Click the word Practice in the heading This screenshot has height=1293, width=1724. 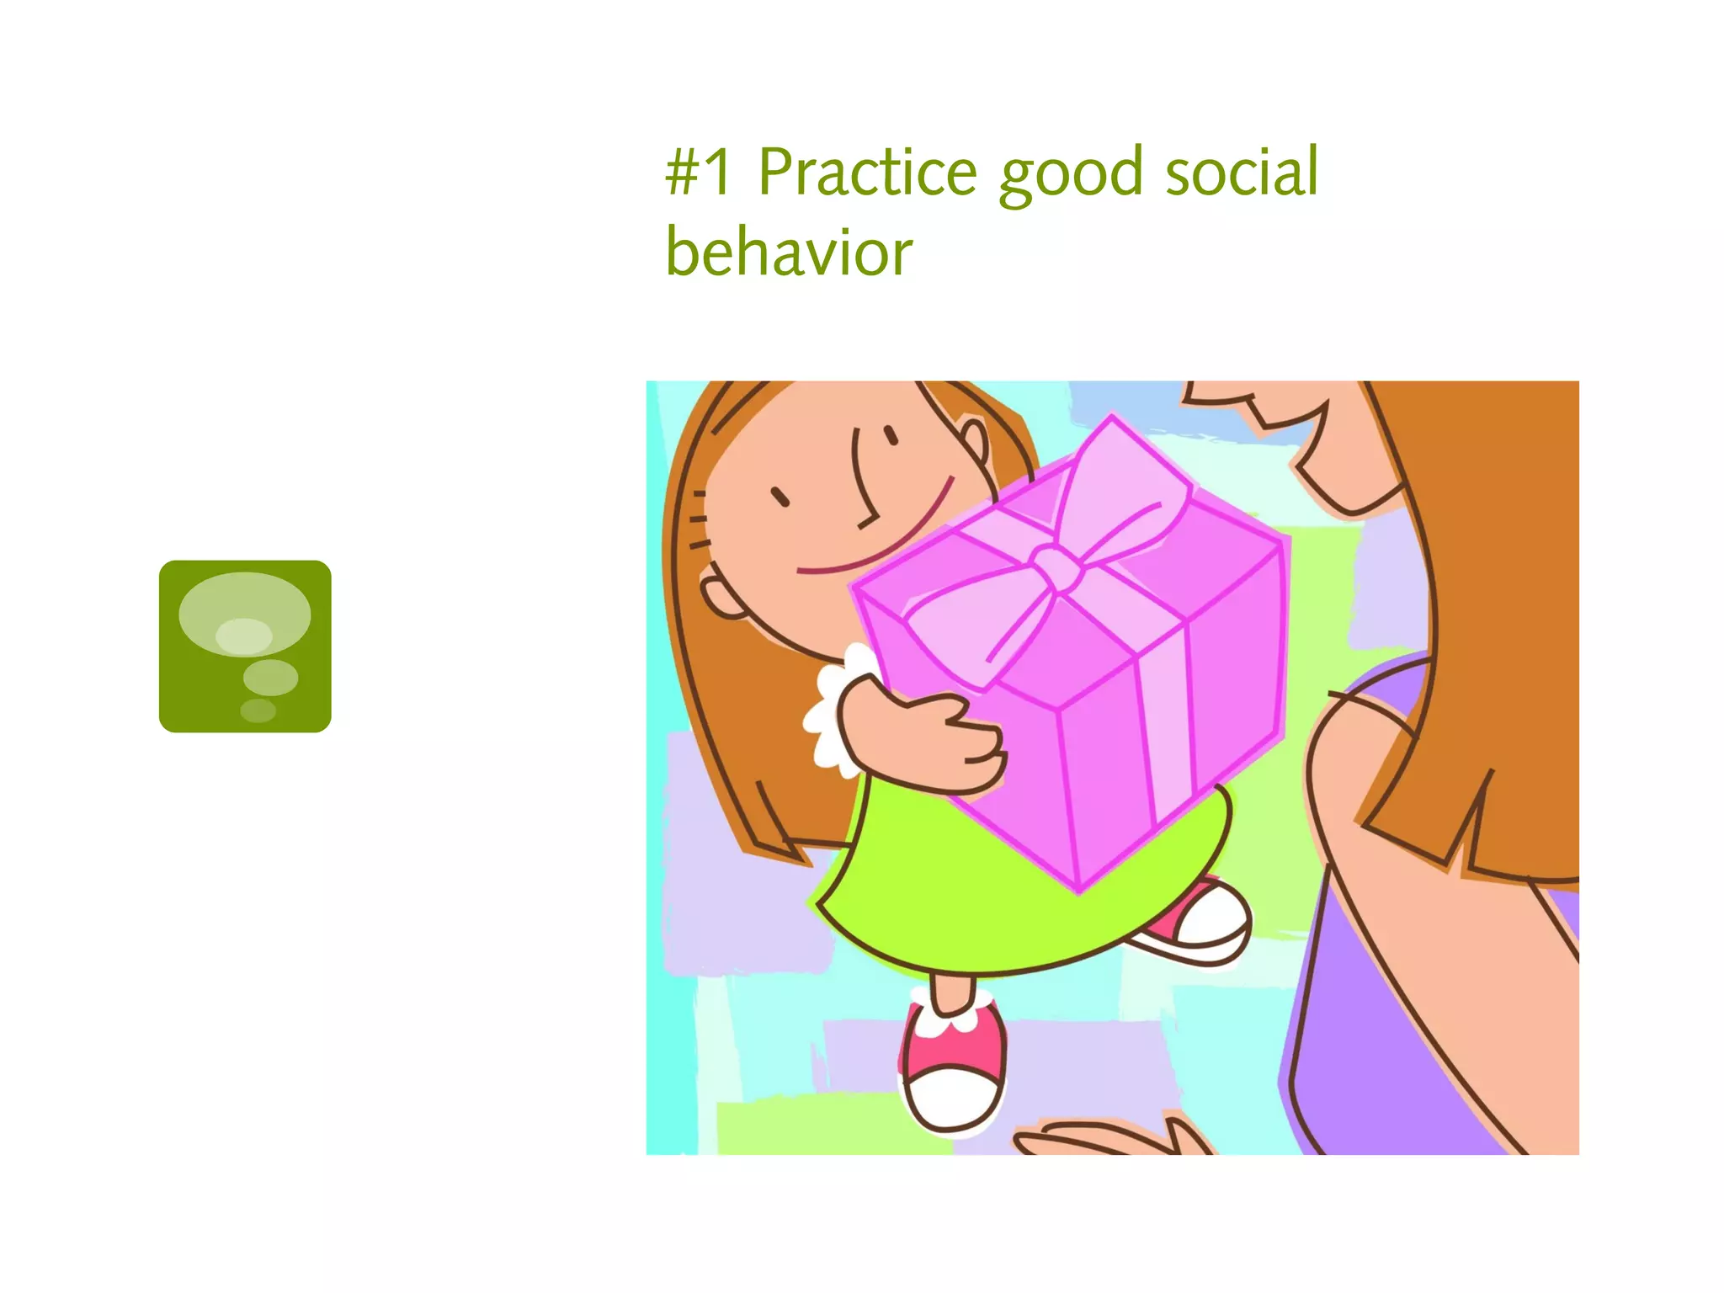point(867,172)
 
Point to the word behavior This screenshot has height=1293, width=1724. point(789,252)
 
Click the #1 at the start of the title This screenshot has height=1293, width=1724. point(699,172)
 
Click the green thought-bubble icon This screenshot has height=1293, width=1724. point(245,646)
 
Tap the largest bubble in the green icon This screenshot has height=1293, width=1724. point(244,614)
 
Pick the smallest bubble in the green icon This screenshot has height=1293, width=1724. point(258,710)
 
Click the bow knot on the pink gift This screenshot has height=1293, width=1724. point(1056,567)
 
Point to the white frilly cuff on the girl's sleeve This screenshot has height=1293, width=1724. point(833,707)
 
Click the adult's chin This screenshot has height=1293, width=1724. point(1347,497)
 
